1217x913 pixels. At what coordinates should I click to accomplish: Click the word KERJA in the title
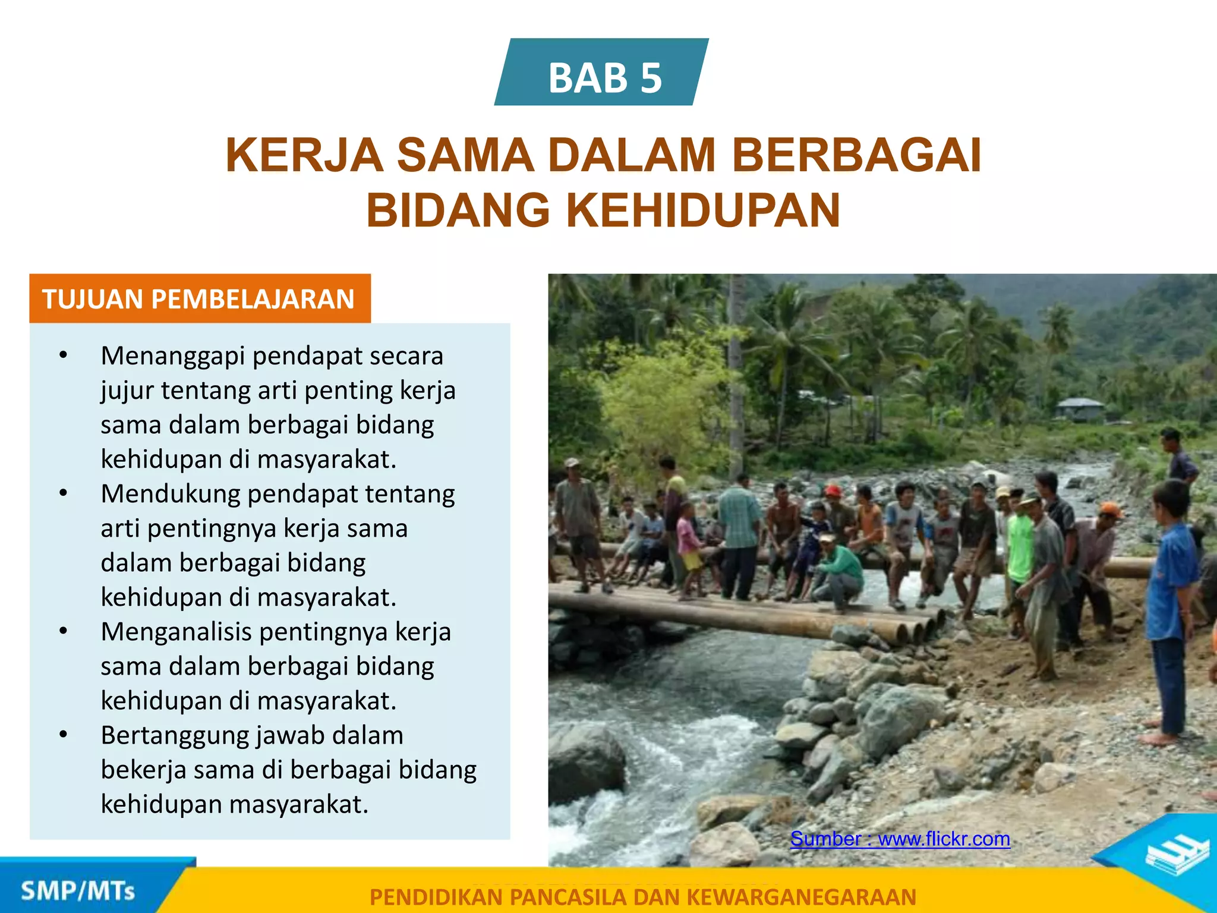tap(304, 156)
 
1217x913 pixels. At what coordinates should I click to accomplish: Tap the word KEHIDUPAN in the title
tap(703, 211)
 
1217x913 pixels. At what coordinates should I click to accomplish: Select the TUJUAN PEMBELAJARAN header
tap(199, 299)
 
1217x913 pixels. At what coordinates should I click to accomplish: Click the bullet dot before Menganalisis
tap(64, 631)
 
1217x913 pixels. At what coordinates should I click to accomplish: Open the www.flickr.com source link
tap(944, 839)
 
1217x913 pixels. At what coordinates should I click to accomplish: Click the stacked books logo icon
tap(1177, 854)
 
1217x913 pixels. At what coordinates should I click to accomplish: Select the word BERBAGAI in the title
tap(856, 156)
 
